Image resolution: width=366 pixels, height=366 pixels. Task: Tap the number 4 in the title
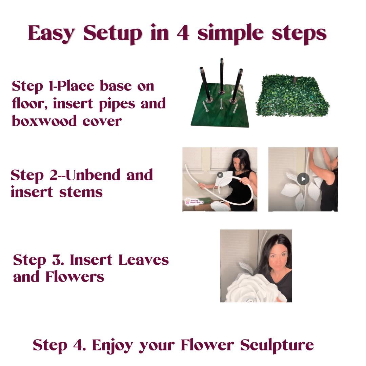pos(183,33)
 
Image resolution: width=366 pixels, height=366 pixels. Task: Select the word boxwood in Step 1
pos(44,121)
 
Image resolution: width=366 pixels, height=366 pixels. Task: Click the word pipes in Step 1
pos(117,104)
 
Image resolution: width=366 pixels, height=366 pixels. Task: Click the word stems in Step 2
pos(81,192)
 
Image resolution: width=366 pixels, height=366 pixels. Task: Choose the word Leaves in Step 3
pos(144,260)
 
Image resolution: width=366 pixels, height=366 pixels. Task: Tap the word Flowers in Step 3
pos(75,277)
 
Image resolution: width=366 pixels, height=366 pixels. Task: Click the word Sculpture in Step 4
pos(277,345)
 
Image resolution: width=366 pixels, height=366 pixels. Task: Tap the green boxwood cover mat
pos(292,96)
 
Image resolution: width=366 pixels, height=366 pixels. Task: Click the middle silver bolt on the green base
pos(221,104)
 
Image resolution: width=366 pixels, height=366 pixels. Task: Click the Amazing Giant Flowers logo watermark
pos(194,201)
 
